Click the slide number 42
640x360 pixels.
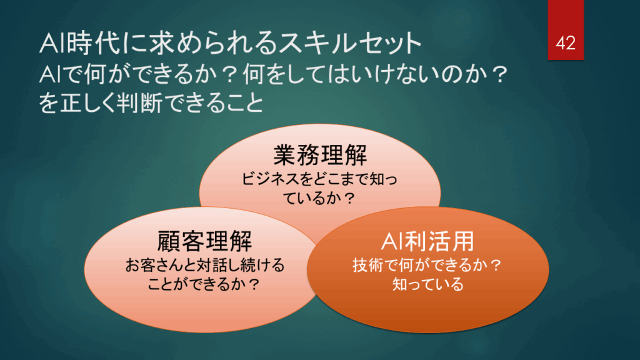click(566, 43)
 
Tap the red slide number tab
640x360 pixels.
click(566, 30)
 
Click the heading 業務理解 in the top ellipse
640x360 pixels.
click(320, 155)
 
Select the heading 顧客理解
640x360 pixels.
click(204, 241)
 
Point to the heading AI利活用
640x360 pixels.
click(427, 241)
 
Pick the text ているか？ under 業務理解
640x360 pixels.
click(319, 199)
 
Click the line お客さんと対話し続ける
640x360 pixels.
click(204, 265)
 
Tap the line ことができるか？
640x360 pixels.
click(204, 284)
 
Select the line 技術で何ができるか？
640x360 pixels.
click(427, 265)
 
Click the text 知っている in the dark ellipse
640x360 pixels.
click(427, 284)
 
